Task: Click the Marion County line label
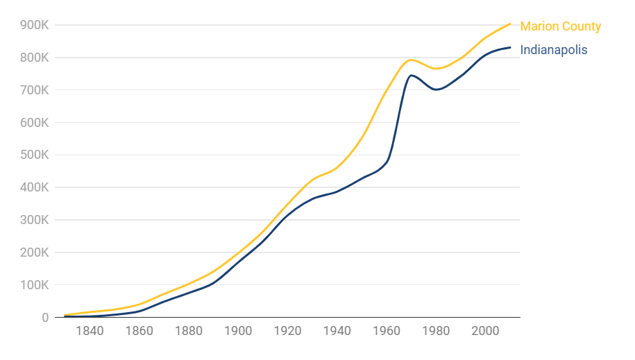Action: [560, 26]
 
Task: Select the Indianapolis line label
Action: [553, 50]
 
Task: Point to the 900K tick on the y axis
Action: [35, 25]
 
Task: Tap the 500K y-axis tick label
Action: [35, 155]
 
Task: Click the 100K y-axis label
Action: [35, 285]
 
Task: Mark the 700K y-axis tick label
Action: [35, 90]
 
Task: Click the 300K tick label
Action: [35, 220]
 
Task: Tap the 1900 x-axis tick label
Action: [238, 331]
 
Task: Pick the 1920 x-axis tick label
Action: [287, 331]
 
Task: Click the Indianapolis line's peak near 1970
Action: [412, 75]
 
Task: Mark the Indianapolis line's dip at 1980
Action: [436, 89]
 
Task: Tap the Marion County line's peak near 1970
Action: [411, 60]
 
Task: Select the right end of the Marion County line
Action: [511, 24]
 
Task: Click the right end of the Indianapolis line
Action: [511, 47]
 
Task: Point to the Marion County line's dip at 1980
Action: [437, 69]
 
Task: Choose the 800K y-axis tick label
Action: [35, 58]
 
